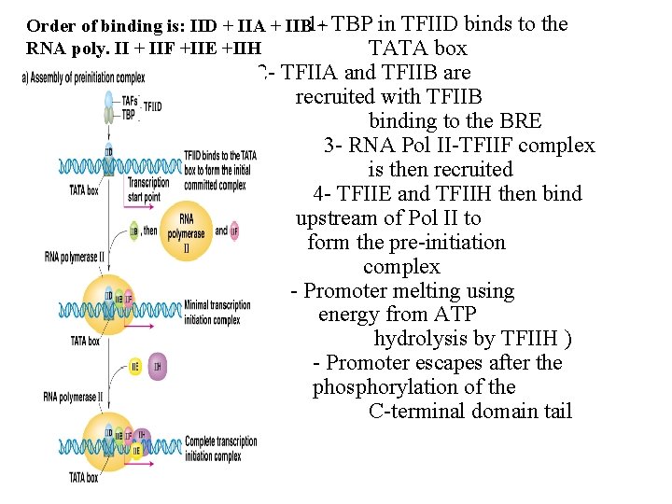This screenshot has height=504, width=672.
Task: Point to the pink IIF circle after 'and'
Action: [x=233, y=230]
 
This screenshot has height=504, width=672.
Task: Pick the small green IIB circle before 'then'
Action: [x=134, y=231]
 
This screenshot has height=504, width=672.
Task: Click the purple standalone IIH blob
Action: [x=158, y=367]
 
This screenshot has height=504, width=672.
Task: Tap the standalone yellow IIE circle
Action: [x=135, y=367]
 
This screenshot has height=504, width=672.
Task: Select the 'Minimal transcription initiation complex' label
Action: [x=217, y=312]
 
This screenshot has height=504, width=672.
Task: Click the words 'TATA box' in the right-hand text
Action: [x=417, y=49]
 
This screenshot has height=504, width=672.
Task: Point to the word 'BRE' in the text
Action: [x=521, y=121]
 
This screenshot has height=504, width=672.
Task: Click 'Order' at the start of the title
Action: [x=49, y=25]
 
